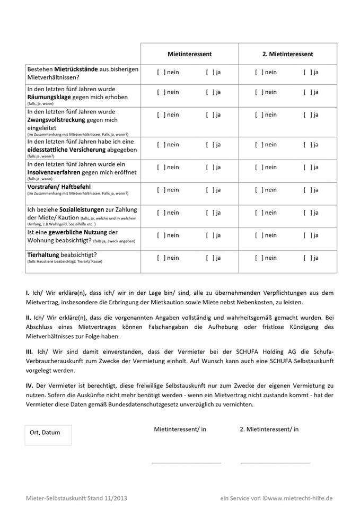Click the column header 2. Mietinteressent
[287, 54]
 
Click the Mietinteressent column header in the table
[189, 54]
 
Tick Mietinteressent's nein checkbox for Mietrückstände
[161, 72]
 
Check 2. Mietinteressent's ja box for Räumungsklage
[308, 92]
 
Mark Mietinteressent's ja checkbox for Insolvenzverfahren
[210, 168]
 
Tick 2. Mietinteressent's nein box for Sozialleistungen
[259, 213]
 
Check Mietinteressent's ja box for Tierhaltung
[210, 258]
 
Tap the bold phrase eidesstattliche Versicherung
[68, 150]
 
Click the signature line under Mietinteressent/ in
[186, 462]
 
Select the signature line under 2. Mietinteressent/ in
[275, 462]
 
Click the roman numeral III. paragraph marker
[30, 352]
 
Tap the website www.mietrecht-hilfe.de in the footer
[300, 498]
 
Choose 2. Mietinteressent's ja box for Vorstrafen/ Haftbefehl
[308, 190]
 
